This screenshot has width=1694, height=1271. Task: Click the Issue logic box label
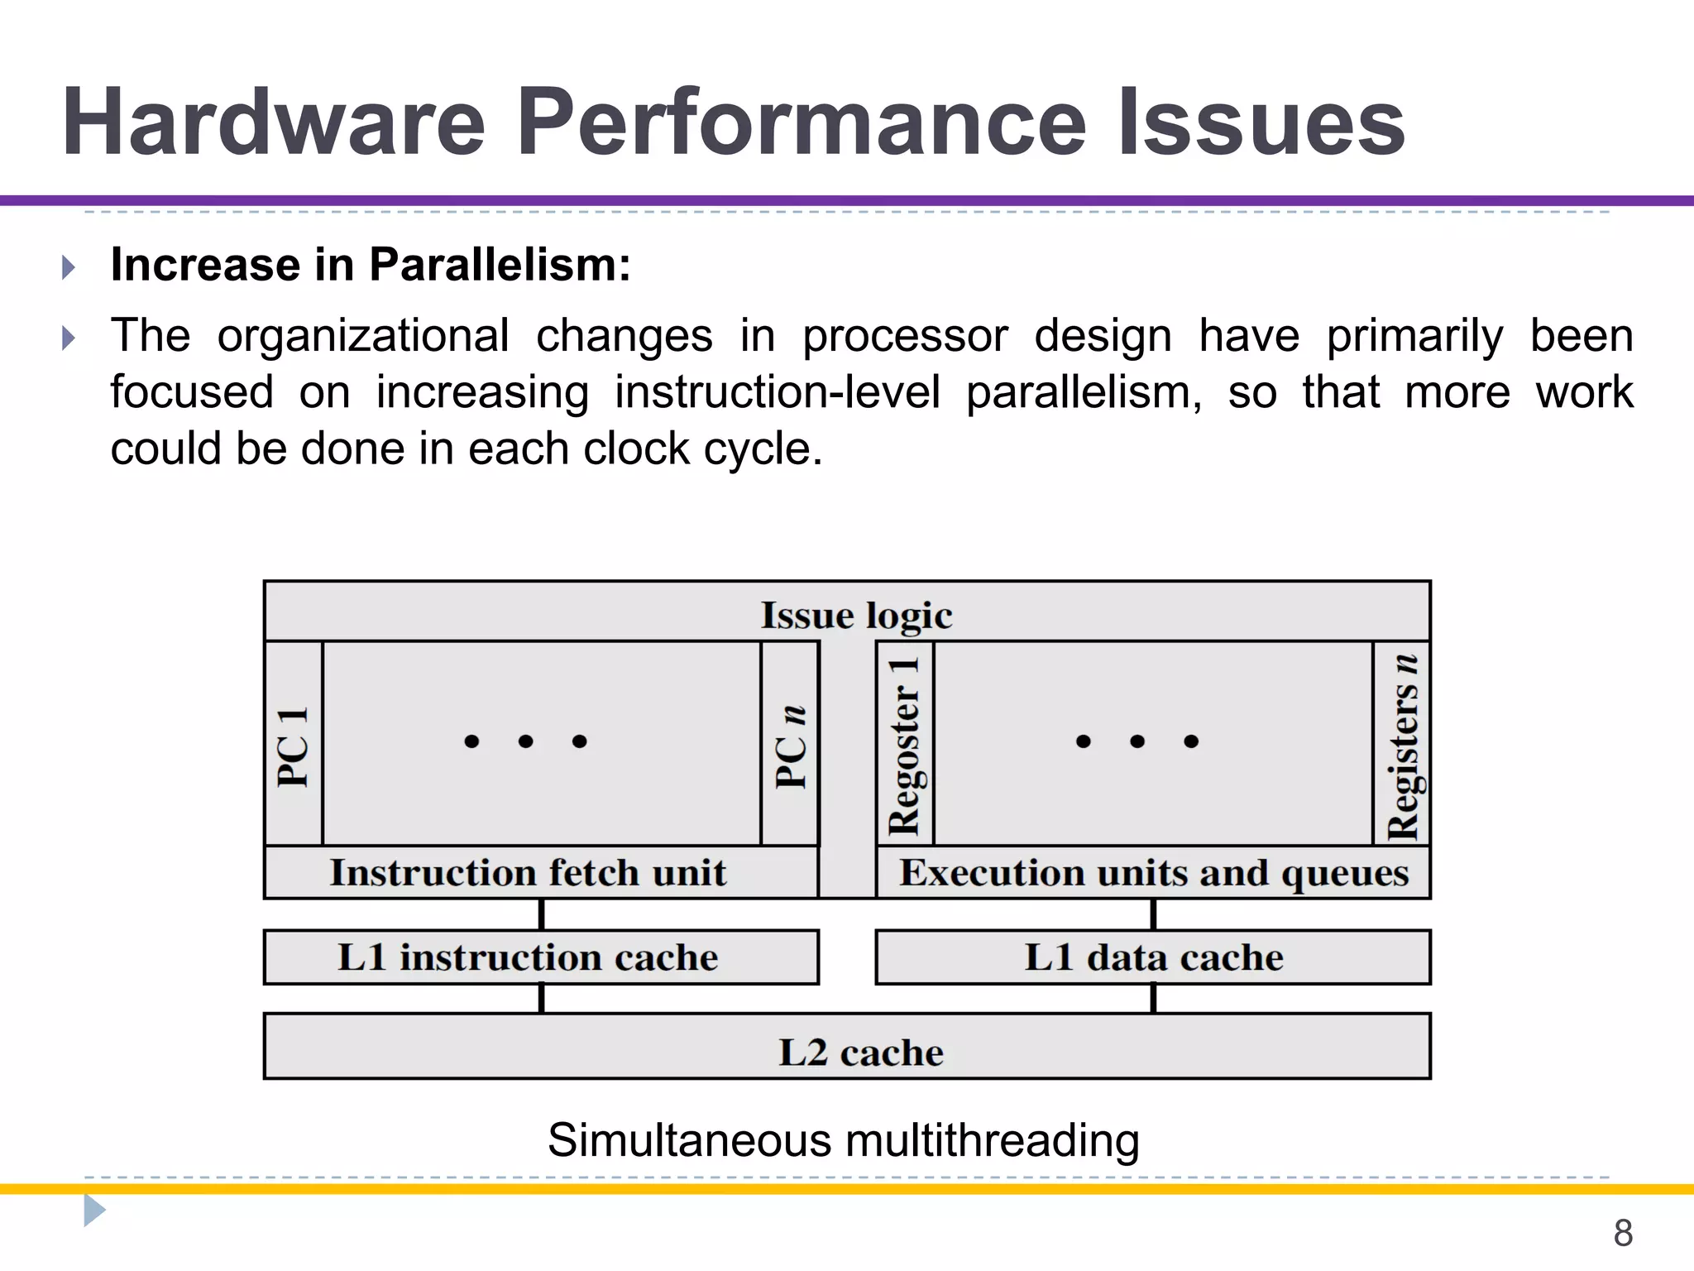point(856,616)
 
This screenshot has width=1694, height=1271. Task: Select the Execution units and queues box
point(1154,873)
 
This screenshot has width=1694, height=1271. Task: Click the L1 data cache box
point(1154,957)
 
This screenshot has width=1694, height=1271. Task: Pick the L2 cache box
point(860,1053)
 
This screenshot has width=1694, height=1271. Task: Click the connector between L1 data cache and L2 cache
point(1153,999)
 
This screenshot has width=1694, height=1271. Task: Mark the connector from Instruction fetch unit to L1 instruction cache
point(542,914)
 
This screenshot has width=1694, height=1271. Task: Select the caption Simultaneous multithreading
point(844,1140)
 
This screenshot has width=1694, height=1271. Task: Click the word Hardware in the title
point(273,124)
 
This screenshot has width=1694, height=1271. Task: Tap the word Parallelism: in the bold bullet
point(500,265)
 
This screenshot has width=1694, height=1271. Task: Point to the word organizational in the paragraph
point(363,336)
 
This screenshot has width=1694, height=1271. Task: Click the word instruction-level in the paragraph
point(778,392)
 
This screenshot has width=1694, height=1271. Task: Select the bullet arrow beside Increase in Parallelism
point(69,267)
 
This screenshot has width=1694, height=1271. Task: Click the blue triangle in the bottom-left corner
point(93,1211)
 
